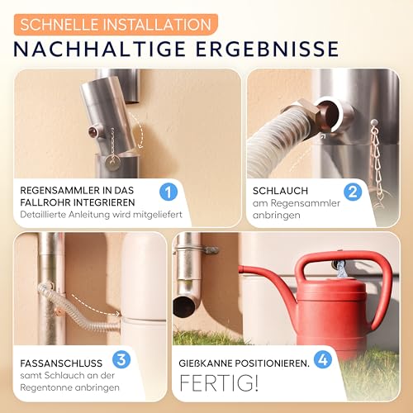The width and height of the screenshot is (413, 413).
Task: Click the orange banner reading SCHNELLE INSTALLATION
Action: pos(115,23)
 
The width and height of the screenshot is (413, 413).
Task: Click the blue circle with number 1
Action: pos(169,192)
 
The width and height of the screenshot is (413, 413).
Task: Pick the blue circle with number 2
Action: pos(354,192)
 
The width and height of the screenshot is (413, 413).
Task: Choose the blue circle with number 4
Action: pos(323,360)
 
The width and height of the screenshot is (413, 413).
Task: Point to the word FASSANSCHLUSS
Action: pos(63,361)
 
